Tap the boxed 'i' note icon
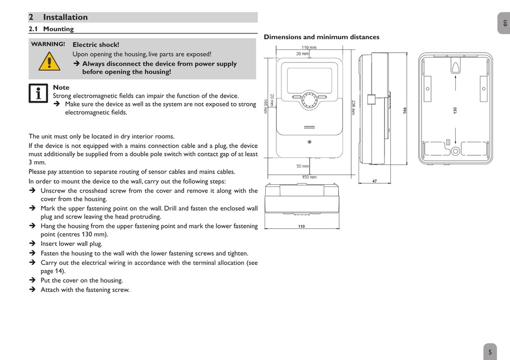tap(39, 93)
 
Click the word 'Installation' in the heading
tap(65, 17)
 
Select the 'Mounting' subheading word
tap(59, 29)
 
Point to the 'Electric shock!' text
tap(96, 45)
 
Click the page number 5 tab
tap(490, 352)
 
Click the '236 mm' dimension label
tap(353, 107)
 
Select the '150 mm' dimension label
tap(309, 177)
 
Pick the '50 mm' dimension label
tap(303, 166)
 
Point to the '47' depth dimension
tap(374, 181)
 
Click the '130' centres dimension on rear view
tap(455, 110)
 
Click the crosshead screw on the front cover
tap(310, 142)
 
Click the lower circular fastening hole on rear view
tap(455, 152)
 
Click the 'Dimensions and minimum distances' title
tap(322, 37)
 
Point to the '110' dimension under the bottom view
tap(302, 226)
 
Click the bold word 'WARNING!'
tap(48, 44)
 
